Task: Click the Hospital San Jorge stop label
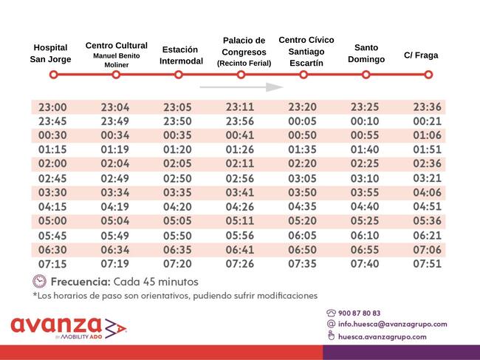tap(51, 53)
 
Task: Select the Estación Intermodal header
tap(181, 55)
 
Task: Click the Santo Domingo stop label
tap(366, 53)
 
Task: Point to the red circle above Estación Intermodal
tap(179, 75)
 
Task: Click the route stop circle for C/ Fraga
tap(428, 75)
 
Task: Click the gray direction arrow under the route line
tap(241, 87)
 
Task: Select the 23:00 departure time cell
tap(52, 107)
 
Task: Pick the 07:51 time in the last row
tap(428, 263)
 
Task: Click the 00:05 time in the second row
tap(303, 121)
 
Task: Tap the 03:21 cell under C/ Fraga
tap(428, 178)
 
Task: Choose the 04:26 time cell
tap(240, 206)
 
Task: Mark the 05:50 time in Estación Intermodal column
tap(177, 235)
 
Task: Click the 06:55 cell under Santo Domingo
tap(365, 249)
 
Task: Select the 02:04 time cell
tap(115, 164)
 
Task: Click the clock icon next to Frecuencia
tap(39, 281)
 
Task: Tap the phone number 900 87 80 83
tap(360, 313)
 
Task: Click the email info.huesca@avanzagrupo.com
tap(392, 324)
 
